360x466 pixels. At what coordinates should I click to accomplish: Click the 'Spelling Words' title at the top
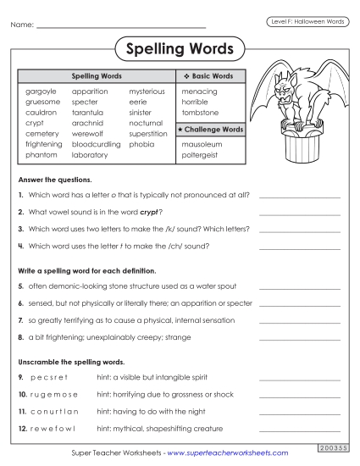(179, 48)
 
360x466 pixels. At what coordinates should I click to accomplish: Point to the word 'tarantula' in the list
(91, 113)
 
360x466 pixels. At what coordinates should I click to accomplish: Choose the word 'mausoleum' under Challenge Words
(200, 145)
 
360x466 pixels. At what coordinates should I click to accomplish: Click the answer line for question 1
(299, 197)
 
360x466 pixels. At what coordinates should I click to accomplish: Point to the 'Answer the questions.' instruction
(54, 180)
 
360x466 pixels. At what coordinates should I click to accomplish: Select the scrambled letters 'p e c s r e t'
(48, 376)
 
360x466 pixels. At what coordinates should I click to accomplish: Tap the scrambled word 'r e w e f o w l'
(52, 428)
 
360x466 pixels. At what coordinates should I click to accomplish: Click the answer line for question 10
(299, 396)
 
